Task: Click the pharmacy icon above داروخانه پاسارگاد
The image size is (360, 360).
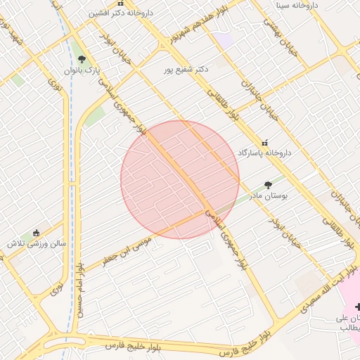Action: [265, 141]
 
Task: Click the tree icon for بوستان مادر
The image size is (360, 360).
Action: [268, 185]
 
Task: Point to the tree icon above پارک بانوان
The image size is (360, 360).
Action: [82, 60]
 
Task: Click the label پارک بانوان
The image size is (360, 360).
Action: [82, 70]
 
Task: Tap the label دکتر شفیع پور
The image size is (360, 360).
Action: [186, 69]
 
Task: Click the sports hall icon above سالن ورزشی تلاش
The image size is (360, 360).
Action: [37, 233]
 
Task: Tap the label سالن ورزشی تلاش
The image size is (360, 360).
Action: [37, 243]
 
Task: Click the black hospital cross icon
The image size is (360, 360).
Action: [358, 307]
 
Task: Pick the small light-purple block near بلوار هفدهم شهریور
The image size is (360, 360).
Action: [224, 40]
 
